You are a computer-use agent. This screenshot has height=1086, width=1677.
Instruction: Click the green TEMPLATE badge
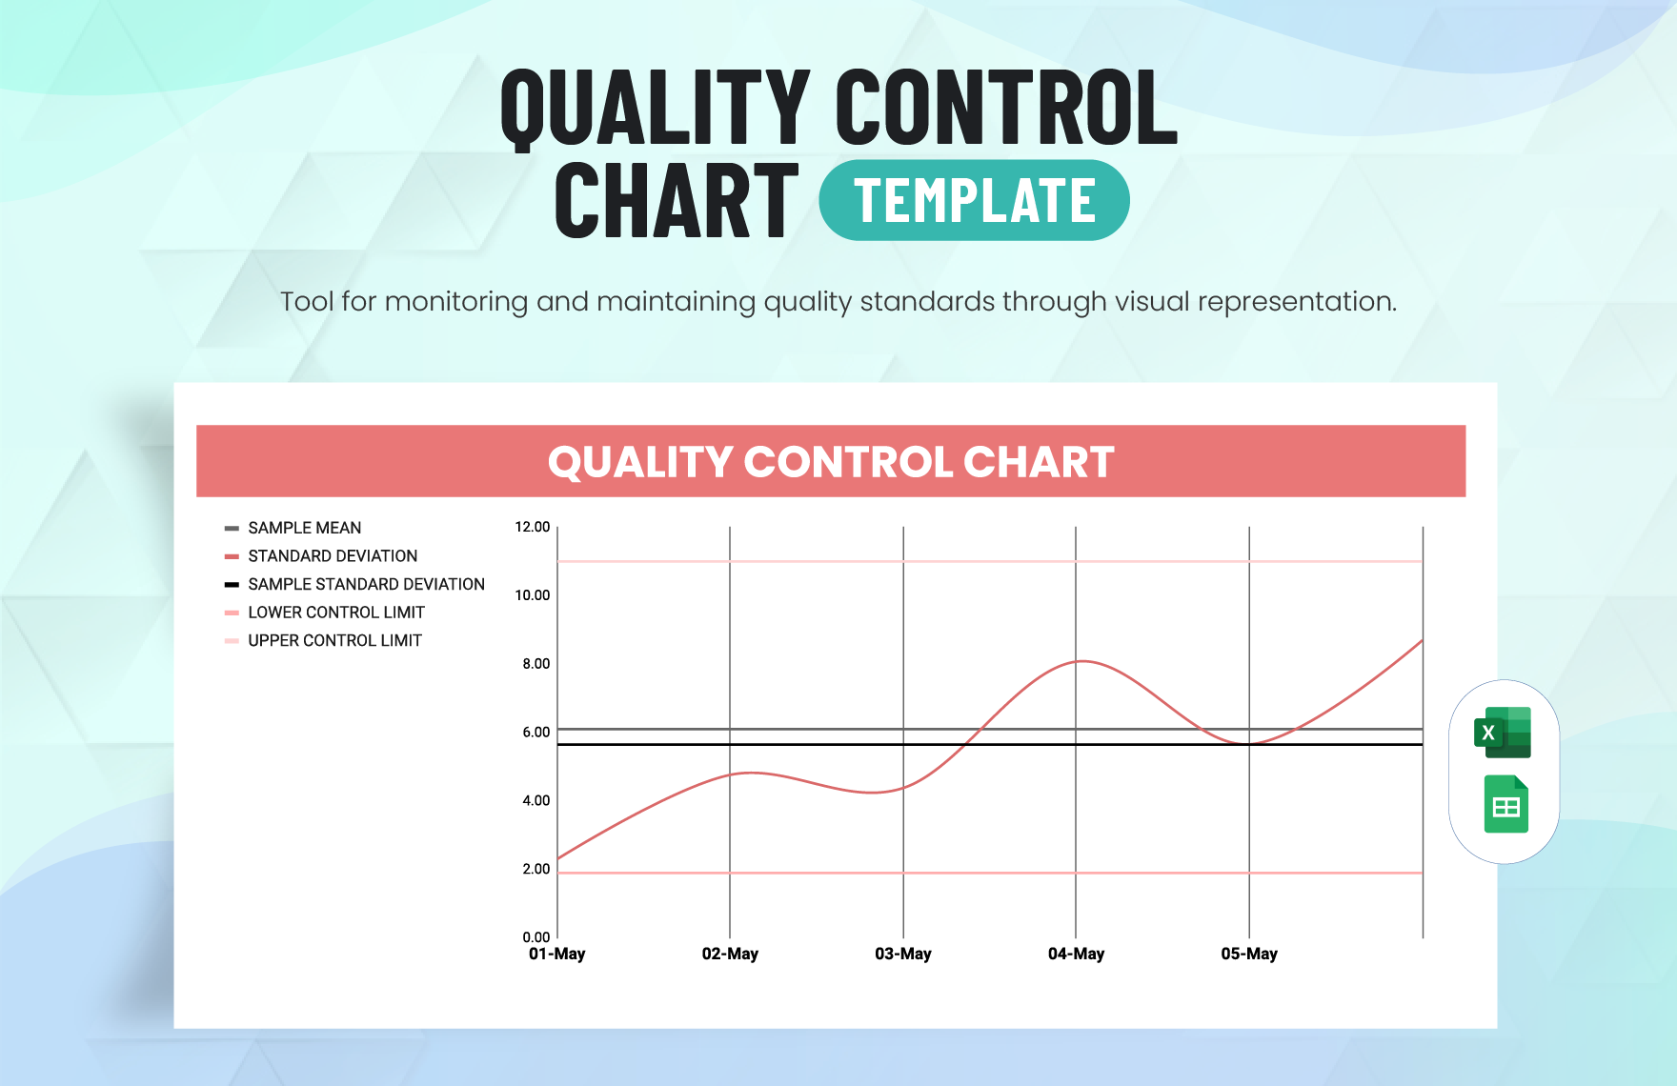tap(974, 201)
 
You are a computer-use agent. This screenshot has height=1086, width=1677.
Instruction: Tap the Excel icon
tap(1503, 733)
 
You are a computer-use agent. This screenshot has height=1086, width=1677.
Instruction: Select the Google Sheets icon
tap(1505, 805)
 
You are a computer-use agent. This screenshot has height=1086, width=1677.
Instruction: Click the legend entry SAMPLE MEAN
tap(304, 528)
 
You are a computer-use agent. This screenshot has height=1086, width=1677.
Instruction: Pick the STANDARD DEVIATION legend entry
tap(332, 556)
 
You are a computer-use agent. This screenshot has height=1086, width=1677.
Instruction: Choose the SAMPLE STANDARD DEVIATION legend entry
tap(366, 584)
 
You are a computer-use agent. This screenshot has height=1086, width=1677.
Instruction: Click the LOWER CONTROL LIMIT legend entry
tap(335, 613)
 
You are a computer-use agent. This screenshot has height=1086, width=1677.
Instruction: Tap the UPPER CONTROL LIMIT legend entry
tap(334, 641)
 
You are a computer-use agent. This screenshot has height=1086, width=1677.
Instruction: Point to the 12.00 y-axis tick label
tap(532, 527)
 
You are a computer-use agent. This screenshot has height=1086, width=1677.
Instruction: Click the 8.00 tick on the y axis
tap(535, 664)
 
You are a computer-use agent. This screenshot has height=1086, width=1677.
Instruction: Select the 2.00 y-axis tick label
tap(535, 869)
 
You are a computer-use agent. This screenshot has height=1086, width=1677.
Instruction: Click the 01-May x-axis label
tap(557, 954)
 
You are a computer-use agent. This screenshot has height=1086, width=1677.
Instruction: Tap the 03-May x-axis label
tap(903, 954)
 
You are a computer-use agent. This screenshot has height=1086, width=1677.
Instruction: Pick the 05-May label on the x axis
tap(1249, 954)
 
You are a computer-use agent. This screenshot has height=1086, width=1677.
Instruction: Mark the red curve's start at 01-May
tap(558, 858)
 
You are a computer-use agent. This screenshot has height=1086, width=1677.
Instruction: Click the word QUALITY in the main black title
tap(656, 108)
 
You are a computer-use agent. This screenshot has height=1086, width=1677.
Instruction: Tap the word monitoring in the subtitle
tap(455, 302)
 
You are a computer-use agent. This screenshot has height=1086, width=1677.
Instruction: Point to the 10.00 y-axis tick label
tap(532, 595)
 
